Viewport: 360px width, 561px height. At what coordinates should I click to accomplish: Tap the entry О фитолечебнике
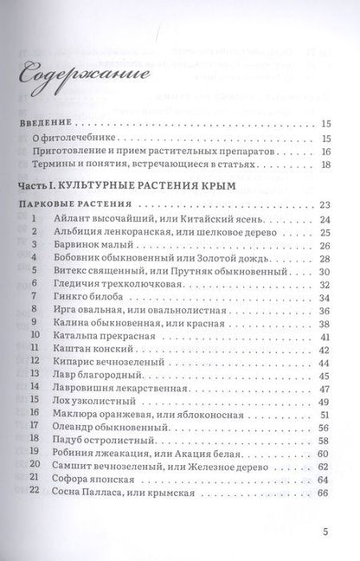(x=77, y=139)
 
